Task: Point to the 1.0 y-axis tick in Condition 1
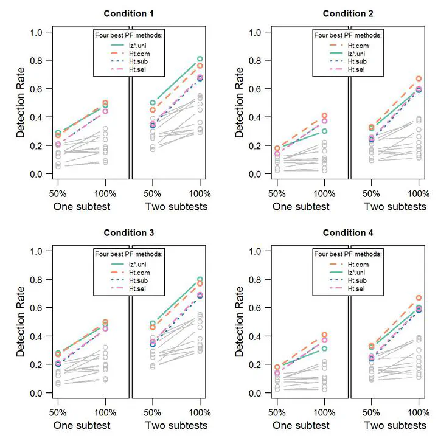pyautogui.click(x=38, y=32)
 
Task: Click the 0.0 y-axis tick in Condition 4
pyautogui.click(x=257, y=393)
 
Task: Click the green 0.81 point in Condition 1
pyautogui.click(x=200, y=59)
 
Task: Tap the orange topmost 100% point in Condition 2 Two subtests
pyautogui.click(x=419, y=78)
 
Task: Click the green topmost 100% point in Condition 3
pyautogui.click(x=200, y=279)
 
